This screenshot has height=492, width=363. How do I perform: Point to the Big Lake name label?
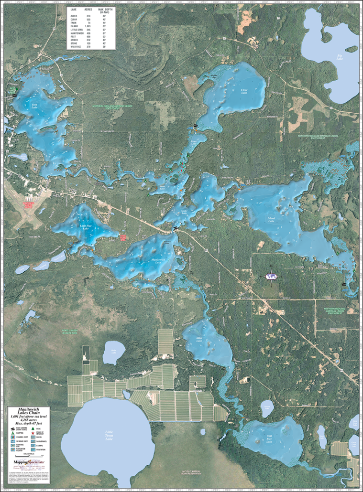tap(340, 57)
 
